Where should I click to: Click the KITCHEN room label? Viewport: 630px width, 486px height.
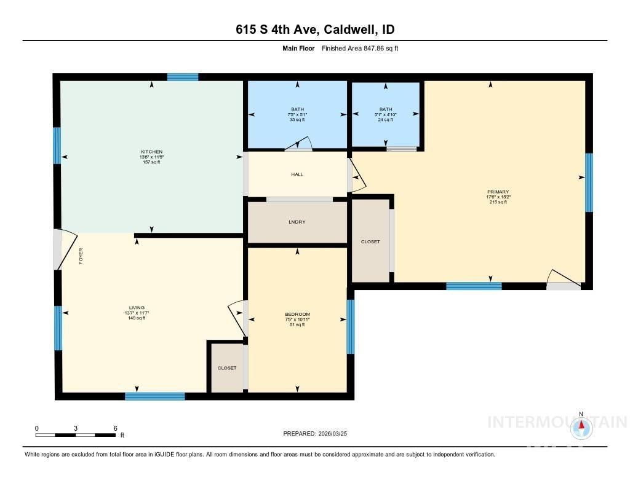point(151,152)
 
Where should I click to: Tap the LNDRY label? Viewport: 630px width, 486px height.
point(297,222)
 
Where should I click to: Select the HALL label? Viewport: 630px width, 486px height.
point(297,174)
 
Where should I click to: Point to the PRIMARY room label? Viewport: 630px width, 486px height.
point(498,192)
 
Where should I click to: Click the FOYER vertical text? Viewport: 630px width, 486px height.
point(81,256)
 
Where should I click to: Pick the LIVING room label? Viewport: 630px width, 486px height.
point(137,308)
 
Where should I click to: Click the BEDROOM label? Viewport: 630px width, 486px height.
point(297,315)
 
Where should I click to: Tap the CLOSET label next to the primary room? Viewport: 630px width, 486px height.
point(370,242)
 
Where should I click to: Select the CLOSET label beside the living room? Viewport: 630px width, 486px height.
point(227,368)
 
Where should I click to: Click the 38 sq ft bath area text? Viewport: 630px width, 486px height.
point(298,120)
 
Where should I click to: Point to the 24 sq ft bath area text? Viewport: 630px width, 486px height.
point(386,120)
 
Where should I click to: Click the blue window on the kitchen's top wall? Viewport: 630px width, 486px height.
point(183,77)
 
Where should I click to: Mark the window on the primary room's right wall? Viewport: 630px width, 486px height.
point(589,182)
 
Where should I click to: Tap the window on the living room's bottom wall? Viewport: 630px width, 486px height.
point(155,396)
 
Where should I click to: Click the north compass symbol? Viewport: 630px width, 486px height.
point(581,428)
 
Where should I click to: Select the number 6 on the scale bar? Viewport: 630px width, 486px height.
point(115,428)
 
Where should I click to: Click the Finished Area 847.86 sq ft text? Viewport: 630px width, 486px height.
point(360,48)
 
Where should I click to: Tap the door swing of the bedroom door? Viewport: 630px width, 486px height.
point(236,313)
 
